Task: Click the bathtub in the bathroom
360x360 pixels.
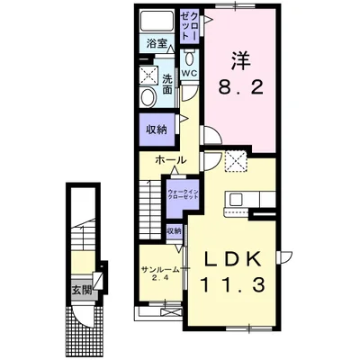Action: pyautogui.click(x=157, y=22)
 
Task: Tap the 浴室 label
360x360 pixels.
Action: pyautogui.click(x=157, y=42)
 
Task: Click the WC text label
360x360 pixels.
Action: pyautogui.click(x=190, y=74)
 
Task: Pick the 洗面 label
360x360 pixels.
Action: pyautogui.click(x=168, y=83)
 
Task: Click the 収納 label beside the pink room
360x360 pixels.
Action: pyautogui.click(x=156, y=130)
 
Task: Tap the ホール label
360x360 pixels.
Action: pyautogui.click(x=171, y=160)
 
